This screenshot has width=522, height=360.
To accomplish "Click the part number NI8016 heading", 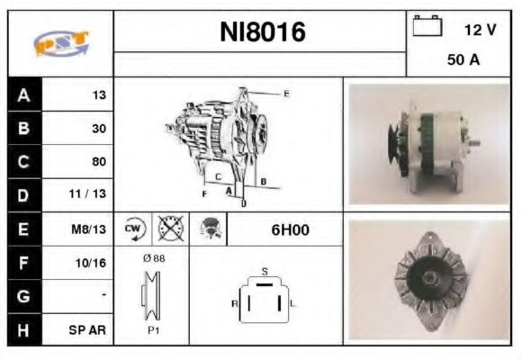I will click(263, 32).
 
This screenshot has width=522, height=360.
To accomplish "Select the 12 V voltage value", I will click(480, 30).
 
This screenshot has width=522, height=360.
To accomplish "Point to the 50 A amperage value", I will click(462, 61).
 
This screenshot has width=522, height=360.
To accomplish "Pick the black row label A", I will click(22, 94).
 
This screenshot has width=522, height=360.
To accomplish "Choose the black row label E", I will click(22, 229).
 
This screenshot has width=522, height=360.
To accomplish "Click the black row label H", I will click(22, 329).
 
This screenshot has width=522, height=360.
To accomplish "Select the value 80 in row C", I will click(99, 162).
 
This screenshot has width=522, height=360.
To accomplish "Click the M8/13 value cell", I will click(90, 229).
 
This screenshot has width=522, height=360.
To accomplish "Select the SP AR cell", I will click(90, 329).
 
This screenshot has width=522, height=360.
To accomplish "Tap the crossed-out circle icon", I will click(168, 229).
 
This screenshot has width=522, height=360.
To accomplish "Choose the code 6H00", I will click(290, 229).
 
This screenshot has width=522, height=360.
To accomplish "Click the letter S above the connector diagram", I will click(264, 270).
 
